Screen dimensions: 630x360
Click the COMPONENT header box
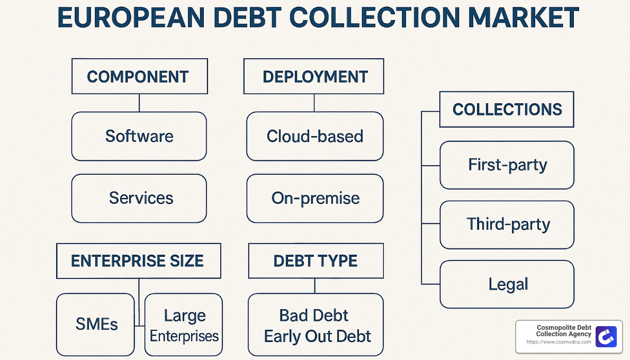[139, 77]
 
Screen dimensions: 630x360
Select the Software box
[139, 136]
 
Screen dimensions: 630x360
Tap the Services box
[139, 198]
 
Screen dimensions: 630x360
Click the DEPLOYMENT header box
[314, 77]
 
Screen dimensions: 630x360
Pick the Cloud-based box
[314, 136]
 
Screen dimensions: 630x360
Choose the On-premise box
[314, 199]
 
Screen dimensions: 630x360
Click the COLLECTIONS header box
[507, 110]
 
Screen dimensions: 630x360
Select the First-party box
[507, 165]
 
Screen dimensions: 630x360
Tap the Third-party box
[507, 224]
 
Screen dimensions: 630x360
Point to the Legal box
[507, 284]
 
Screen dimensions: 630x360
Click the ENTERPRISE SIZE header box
[138, 261]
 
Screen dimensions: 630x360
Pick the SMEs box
[96, 324]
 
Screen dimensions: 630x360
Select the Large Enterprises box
[184, 325]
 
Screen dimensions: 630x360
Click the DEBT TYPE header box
[316, 261]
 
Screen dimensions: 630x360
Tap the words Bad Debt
[314, 316]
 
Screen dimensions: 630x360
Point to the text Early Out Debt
[317, 336]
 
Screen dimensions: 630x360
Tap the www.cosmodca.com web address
[559, 343]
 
